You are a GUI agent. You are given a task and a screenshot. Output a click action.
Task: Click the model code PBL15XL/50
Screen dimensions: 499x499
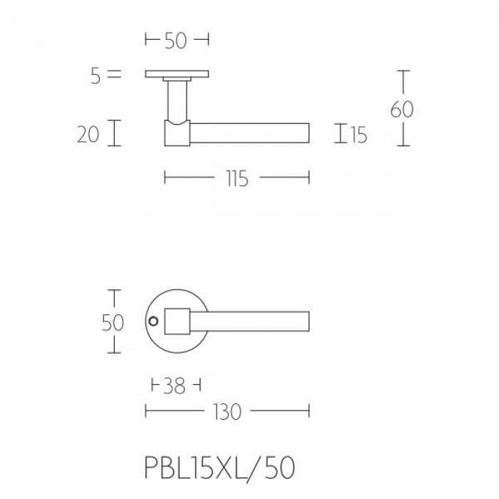220,468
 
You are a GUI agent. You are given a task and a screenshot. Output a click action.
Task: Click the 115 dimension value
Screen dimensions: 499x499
237,178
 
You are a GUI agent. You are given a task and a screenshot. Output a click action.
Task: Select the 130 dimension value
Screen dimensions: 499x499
227,412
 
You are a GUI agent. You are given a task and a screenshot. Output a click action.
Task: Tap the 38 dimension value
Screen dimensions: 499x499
174,386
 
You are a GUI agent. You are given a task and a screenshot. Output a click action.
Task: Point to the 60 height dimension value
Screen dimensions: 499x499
402,109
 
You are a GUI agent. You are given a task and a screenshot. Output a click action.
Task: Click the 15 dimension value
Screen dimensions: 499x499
359,135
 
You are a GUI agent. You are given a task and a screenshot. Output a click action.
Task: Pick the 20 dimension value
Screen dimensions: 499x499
88,134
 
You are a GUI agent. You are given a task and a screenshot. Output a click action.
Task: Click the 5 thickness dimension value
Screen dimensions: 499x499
96,76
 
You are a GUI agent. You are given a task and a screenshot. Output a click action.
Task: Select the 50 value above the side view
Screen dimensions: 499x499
175,41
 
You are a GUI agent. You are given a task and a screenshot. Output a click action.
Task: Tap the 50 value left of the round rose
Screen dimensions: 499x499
113,323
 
